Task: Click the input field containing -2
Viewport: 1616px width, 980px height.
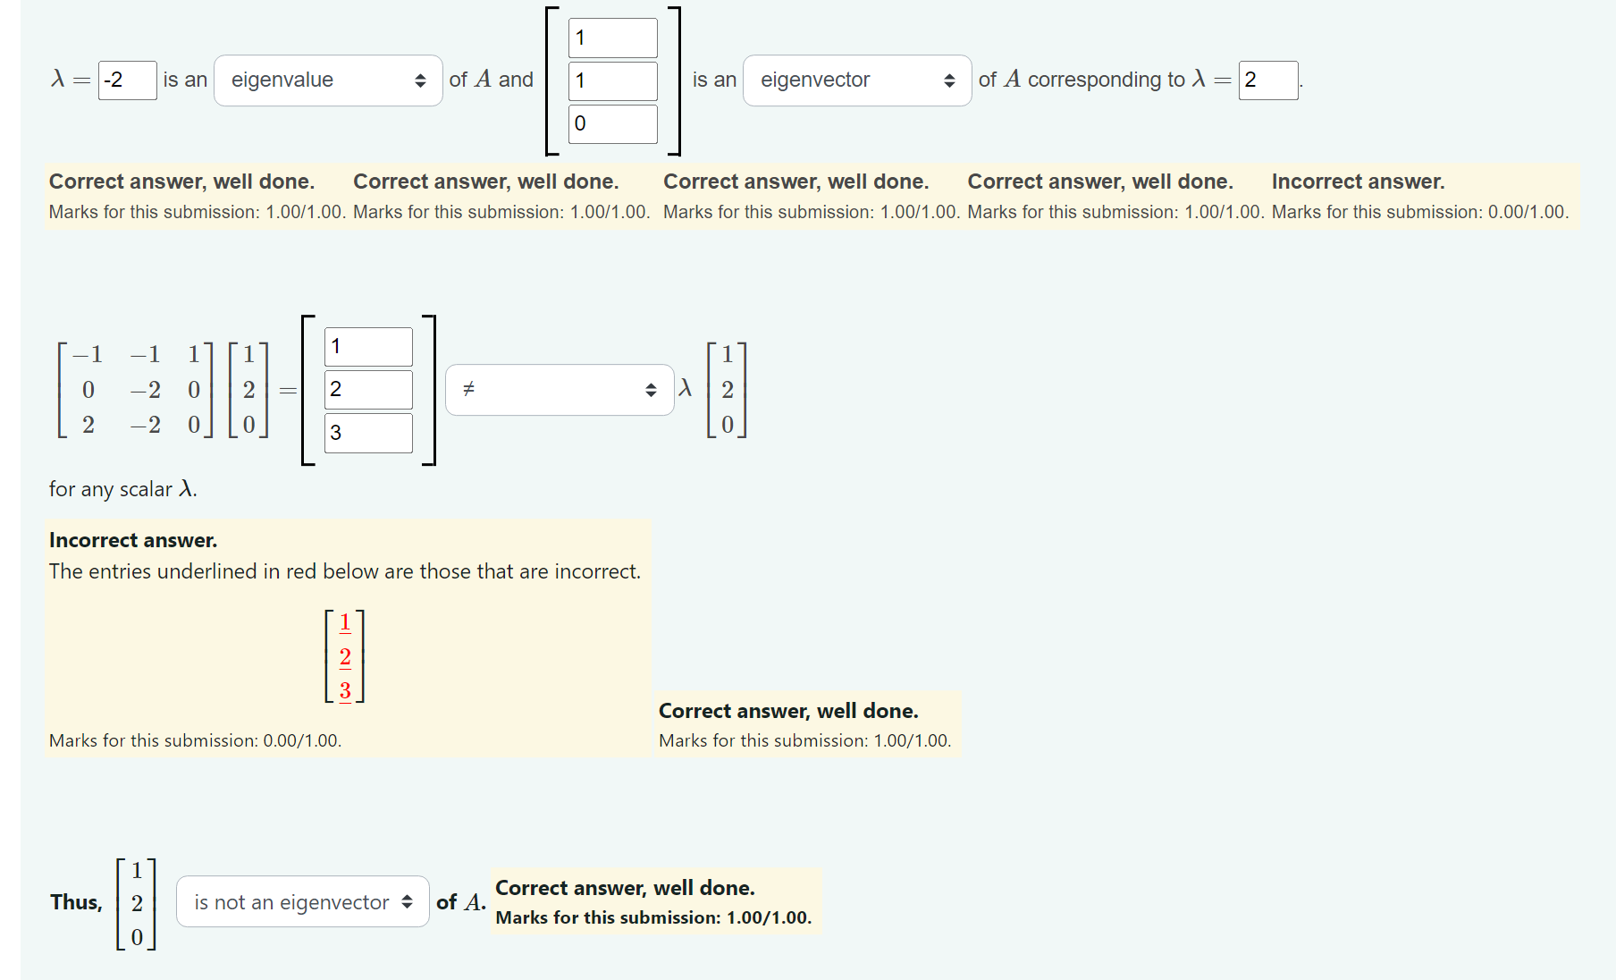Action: pos(127,80)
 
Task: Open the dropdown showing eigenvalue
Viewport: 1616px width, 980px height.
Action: pos(328,80)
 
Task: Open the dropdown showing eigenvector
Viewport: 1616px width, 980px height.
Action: pos(856,80)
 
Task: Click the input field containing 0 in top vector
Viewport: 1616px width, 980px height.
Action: pos(612,123)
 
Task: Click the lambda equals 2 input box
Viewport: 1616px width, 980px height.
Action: pos(1267,80)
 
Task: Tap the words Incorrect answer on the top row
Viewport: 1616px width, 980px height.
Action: pos(1357,182)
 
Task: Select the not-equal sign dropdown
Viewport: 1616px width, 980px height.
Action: pos(559,390)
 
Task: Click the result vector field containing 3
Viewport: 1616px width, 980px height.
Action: pos(367,433)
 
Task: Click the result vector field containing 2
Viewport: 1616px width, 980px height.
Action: pos(367,390)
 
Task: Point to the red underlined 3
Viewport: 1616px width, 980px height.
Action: pos(345,690)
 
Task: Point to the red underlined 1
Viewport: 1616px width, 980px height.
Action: pos(345,622)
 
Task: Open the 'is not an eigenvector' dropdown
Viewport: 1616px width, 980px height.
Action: pos(302,902)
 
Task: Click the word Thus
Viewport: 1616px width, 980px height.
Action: pos(76,902)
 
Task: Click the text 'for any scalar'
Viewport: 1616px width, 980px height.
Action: pos(110,490)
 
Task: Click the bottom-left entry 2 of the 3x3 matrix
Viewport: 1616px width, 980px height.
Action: pos(88,425)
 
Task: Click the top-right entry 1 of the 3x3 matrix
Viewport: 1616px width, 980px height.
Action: pos(193,354)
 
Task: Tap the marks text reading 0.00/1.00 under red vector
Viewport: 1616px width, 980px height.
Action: pos(301,740)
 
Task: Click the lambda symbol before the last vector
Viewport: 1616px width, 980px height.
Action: pos(686,388)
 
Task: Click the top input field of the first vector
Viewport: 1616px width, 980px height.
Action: pos(612,38)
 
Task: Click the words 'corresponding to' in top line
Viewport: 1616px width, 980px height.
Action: pos(1106,80)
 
